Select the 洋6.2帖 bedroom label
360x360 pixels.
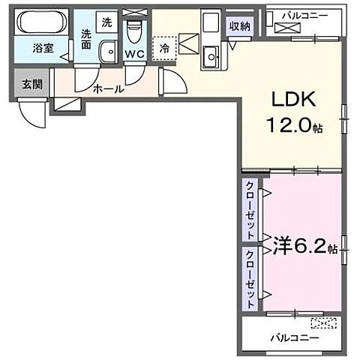pos(295,245)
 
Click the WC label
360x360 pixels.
pos(136,54)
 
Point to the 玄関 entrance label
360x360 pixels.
pos(31,84)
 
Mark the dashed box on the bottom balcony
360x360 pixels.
pos(325,324)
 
